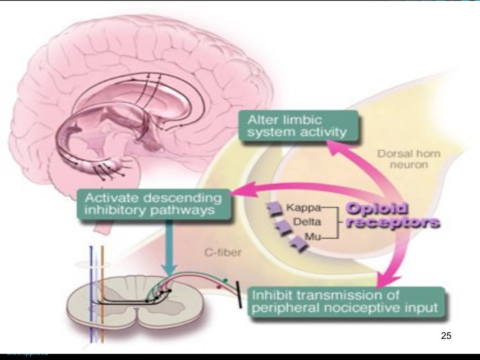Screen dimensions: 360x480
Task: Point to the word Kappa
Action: [x=300, y=207]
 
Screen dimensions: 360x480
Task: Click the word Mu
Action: [x=309, y=238]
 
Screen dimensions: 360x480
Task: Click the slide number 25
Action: [x=446, y=336]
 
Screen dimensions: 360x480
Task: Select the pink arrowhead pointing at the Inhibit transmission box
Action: [x=383, y=281]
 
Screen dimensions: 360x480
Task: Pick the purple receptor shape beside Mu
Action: [x=298, y=242]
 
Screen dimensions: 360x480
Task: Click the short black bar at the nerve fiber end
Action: [x=240, y=294]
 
